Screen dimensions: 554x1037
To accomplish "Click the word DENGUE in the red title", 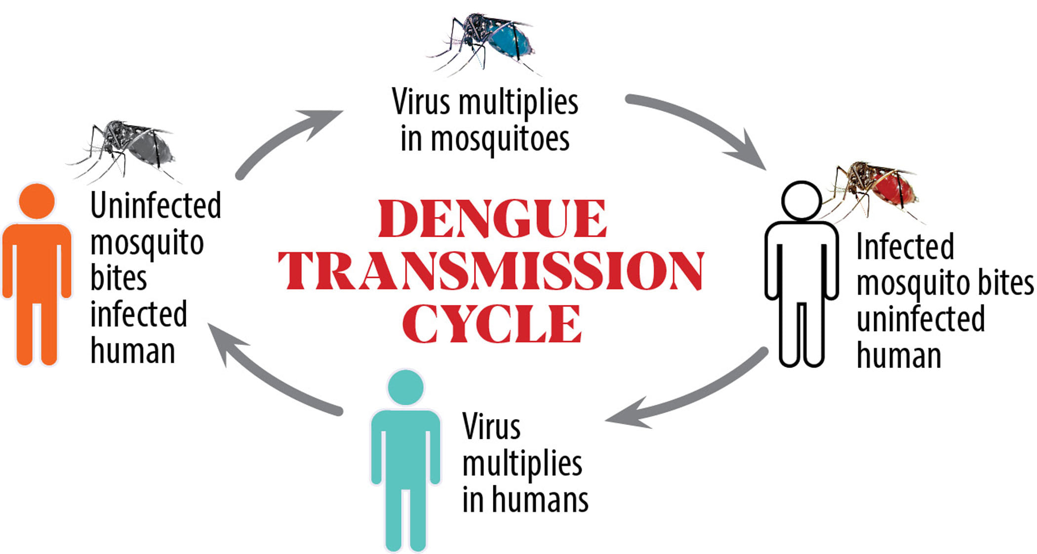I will coord(492,219).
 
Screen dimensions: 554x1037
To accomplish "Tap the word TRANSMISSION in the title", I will coord(491,271).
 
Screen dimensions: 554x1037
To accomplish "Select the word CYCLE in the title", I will coord(492,324).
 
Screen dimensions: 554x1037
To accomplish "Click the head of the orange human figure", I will coord(37,201).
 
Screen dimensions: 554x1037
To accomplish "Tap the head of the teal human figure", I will coord(405,387).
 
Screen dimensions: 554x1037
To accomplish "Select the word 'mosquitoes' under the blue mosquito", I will coord(500,140).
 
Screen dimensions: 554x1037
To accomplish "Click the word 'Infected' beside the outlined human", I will coord(905,247).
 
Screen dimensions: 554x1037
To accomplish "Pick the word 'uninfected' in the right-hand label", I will coord(920,319).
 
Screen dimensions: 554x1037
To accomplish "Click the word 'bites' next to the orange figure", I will coord(119,278).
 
